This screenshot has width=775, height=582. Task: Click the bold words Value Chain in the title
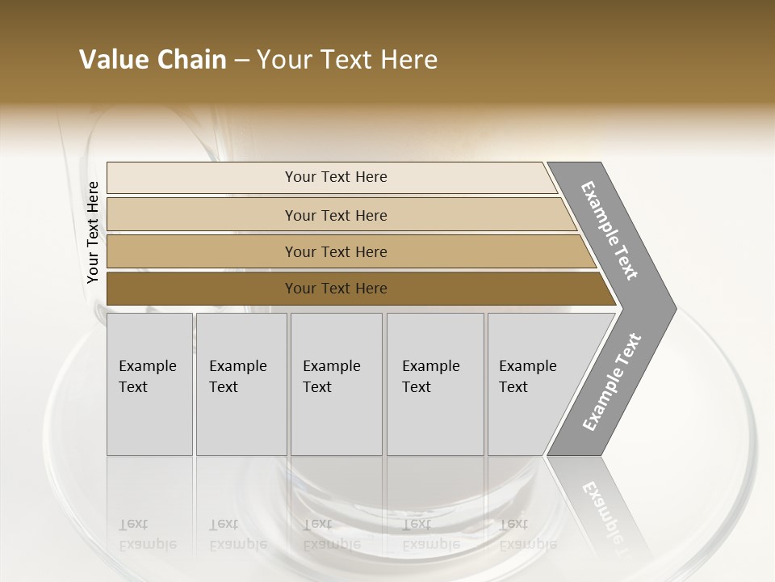click(x=153, y=60)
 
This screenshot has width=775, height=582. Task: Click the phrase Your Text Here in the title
click(x=347, y=60)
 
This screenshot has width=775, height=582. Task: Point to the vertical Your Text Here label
click(x=93, y=232)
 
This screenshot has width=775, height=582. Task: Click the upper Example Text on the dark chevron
click(x=610, y=230)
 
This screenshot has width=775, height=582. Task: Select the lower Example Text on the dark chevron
click(x=612, y=382)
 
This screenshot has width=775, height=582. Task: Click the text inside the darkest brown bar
click(x=336, y=289)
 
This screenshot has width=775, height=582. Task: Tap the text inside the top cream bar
click(x=336, y=177)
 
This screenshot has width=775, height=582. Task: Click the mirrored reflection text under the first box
click(x=147, y=534)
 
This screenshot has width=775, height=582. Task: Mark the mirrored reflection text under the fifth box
click(x=527, y=534)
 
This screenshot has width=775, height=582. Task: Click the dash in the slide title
click(x=241, y=61)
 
